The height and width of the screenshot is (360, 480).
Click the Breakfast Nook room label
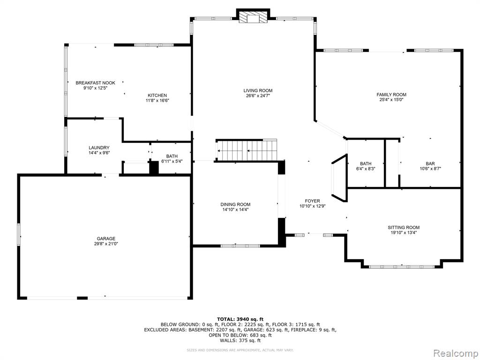(x=96, y=83)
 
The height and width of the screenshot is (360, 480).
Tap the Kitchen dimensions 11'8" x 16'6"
(x=157, y=100)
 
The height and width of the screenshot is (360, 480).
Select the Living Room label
(x=258, y=90)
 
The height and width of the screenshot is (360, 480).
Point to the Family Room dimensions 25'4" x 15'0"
(x=391, y=99)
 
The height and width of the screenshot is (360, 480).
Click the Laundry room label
(x=99, y=148)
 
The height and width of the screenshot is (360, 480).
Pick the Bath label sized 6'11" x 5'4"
(x=172, y=157)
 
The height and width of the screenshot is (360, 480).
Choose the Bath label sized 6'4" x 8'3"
(x=366, y=164)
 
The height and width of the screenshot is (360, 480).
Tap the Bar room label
(x=430, y=164)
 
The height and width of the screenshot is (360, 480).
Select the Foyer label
(x=312, y=201)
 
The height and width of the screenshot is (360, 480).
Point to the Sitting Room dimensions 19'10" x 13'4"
(x=404, y=232)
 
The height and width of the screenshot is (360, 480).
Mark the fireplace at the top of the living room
(x=253, y=17)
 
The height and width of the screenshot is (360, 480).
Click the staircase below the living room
(x=247, y=150)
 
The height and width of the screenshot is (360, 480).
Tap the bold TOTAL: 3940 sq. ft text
(x=240, y=319)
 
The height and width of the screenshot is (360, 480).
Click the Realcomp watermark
(x=456, y=353)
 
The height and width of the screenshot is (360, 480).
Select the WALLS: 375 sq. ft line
(x=240, y=340)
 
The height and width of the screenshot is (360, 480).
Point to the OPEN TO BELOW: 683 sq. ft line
(x=240, y=335)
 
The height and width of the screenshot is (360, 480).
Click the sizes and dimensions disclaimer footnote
(x=240, y=350)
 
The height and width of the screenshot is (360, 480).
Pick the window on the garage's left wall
(x=19, y=234)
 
